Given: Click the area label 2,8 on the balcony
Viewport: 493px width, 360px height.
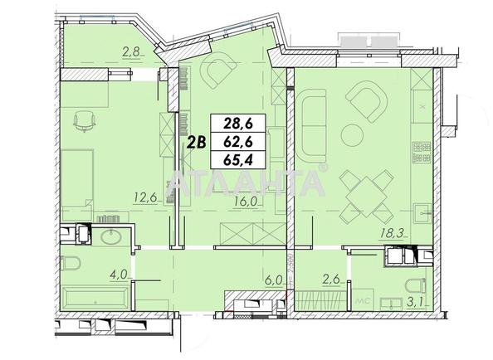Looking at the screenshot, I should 130,52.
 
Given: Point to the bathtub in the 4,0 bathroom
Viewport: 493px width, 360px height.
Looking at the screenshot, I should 92,295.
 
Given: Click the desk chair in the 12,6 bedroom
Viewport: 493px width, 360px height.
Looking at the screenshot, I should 85,121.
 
